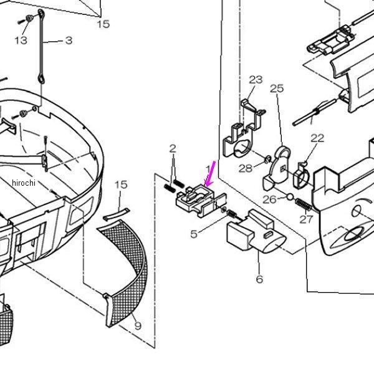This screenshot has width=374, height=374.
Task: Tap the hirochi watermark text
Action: tap(24, 183)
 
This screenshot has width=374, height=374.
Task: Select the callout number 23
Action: tap(256, 80)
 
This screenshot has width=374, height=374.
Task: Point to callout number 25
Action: tap(277, 89)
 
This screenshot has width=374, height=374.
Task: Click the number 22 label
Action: tap(317, 138)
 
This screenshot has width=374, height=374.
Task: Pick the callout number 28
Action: tap(246, 168)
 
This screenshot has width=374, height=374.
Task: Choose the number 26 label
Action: tap(269, 199)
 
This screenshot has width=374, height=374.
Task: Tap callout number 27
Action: tap(306, 219)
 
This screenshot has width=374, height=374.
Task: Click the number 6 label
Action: tap(259, 279)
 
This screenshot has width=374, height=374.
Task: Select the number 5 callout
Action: tap(194, 234)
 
